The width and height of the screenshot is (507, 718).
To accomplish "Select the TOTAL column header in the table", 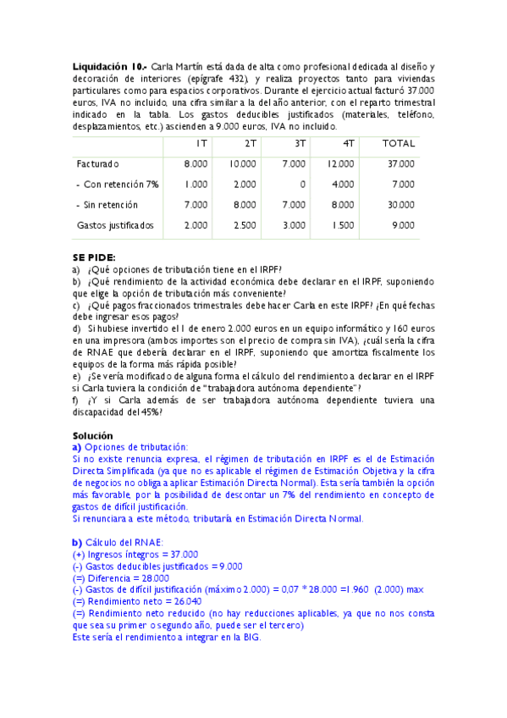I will (x=399, y=143).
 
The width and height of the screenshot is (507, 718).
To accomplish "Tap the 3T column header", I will (x=300, y=143).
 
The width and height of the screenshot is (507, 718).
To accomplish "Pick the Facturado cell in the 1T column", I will (x=196, y=163).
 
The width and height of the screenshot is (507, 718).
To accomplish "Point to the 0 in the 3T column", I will (x=303, y=184).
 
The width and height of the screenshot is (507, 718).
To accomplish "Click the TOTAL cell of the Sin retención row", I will (x=401, y=205).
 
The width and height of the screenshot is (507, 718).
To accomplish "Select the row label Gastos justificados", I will (x=115, y=225).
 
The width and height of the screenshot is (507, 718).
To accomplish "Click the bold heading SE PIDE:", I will (x=94, y=257).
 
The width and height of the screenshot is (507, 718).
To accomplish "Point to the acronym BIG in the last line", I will (x=251, y=637).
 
